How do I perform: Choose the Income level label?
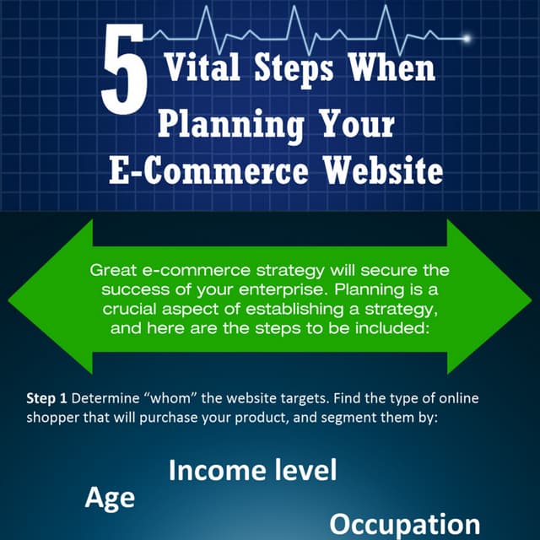[252, 470]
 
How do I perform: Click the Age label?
[109, 498]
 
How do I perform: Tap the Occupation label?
[404, 523]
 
